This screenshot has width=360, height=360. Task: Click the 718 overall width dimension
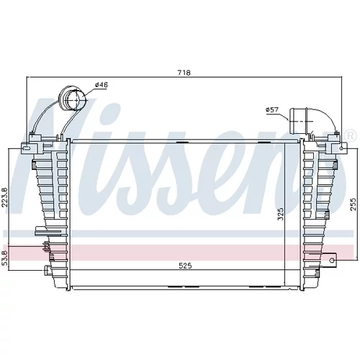tap(184, 73)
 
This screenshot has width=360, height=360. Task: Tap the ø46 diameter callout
tap(102, 85)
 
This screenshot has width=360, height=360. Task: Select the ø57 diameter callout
tap(272, 110)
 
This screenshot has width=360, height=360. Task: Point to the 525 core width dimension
tap(186, 266)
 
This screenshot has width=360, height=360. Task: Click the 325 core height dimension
tap(281, 214)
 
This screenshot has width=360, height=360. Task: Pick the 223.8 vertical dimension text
tap(5, 197)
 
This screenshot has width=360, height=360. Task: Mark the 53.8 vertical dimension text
tap(5, 257)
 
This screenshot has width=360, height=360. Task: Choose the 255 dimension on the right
tap(353, 204)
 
